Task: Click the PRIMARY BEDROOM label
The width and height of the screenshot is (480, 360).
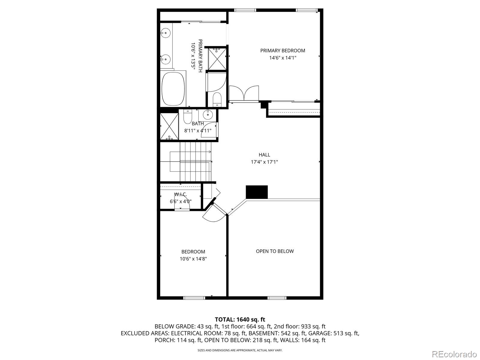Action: point(283,51)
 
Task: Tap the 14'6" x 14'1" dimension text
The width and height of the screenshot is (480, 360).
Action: point(283,58)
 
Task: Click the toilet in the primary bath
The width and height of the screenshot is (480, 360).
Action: point(217,99)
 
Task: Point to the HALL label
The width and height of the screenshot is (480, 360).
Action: point(264,155)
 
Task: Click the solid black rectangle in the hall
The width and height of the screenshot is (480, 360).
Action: point(256,192)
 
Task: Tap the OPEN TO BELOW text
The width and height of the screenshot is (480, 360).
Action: point(274,251)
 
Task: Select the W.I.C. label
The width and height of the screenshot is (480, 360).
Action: point(181,194)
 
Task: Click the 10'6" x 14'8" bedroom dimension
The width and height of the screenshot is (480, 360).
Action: point(193,259)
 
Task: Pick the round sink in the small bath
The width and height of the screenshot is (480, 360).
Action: point(208,114)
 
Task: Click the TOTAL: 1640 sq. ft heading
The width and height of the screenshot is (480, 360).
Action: point(240,319)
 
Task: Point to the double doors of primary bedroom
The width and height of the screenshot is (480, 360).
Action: point(244,94)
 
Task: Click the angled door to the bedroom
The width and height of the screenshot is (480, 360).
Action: point(214,214)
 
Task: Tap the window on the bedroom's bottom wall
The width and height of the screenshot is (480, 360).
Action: point(194,298)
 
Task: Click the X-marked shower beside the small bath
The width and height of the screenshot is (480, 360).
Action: point(169,126)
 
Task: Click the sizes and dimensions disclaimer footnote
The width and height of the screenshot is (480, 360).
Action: point(240,350)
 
